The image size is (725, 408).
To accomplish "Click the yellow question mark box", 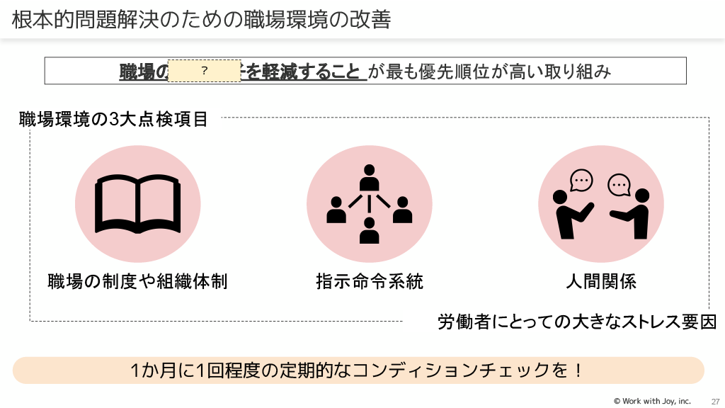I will (204, 71).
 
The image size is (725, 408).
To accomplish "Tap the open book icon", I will (137, 204).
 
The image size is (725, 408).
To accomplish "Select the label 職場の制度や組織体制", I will (137, 281).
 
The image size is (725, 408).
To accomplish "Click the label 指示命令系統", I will (369, 281).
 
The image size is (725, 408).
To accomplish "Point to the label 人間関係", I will (601, 281).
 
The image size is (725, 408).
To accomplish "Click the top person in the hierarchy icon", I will (369, 178).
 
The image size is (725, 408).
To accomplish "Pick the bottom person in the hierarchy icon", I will (369, 230).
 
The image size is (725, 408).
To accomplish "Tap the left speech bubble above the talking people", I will (581, 181).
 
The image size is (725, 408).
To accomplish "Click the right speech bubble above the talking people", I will (619, 185).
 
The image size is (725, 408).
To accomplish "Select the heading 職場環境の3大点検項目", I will (113, 119).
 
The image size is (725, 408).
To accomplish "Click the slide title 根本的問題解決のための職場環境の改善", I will (201, 19).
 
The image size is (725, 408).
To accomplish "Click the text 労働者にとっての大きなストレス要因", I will (577, 322).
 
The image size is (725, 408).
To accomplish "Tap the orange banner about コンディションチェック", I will (358, 370).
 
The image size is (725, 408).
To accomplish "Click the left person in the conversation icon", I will (570, 212).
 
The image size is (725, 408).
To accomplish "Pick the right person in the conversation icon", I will (635, 212).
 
